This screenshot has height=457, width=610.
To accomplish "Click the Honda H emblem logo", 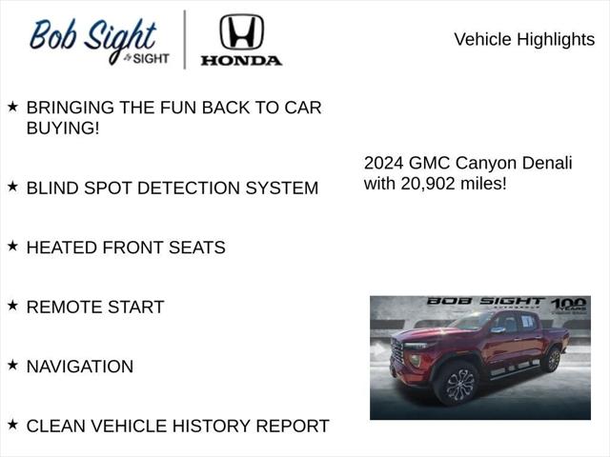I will pyautogui.click(x=241, y=31).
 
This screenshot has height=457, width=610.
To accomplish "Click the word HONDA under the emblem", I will pyautogui.click(x=241, y=60).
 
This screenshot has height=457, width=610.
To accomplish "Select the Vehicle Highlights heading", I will pyautogui.click(x=523, y=39).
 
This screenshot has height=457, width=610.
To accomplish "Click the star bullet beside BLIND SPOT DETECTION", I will pyautogui.click(x=12, y=187).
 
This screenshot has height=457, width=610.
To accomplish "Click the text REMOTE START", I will pyautogui.click(x=95, y=307).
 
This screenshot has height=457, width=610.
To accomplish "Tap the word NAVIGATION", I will pyautogui.click(x=80, y=367).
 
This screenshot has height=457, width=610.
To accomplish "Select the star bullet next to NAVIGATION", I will pyautogui.click(x=12, y=365).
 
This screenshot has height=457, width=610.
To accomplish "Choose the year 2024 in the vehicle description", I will pyautogui.click(x=385, y=163).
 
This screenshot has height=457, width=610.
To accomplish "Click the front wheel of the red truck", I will pyautogui.click(x=459, y=384).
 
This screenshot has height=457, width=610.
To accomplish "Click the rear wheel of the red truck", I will pyautogui.click(x=552, y=360).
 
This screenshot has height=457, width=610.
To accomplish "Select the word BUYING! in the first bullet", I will pyautogui.click(x=63, y=128).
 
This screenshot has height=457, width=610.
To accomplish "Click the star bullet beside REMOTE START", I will pyautogui.click(x=12, y=305).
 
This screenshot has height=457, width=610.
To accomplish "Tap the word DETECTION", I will pyautogui.click(x=192, y=188).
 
